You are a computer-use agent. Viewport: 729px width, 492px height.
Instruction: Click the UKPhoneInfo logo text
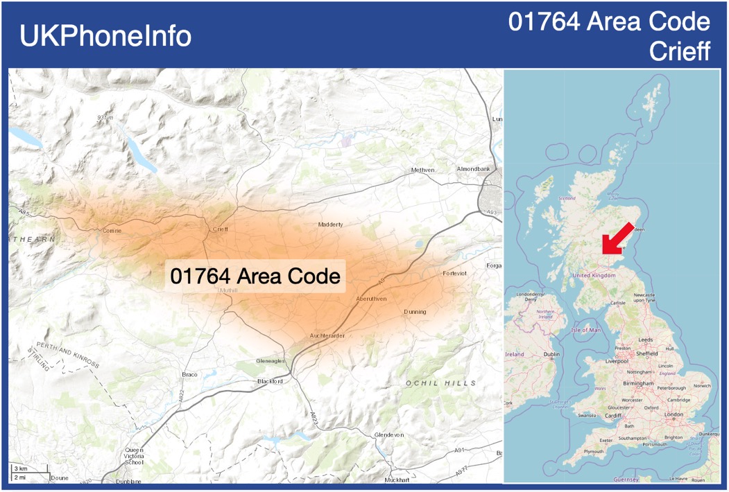coord(105,36)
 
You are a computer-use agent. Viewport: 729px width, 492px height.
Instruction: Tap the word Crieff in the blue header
coord(680,51)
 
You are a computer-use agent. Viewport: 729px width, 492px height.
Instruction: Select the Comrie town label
coord(112,231)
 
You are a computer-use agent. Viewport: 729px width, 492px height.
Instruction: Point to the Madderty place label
coord(330,225)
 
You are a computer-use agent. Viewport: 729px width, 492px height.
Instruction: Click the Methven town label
coord(422,170)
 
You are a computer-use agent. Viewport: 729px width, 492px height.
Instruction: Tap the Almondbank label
coord(473,169)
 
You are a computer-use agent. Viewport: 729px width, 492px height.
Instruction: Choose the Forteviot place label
coord(454,274)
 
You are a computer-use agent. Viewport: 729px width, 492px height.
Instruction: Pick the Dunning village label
coord(415,312)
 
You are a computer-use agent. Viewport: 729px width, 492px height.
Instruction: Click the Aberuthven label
coord(371,298)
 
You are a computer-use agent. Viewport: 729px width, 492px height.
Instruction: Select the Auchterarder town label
coord(327,336)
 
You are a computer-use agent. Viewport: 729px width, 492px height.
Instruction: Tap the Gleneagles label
coord(270,361)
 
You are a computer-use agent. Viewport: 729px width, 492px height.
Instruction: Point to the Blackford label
coord(270,381)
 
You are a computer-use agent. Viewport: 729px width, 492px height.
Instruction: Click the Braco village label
coord(189,374)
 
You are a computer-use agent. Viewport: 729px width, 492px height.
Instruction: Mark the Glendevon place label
coord(388,434)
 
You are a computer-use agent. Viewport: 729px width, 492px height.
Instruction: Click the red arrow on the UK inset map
coord(616,238)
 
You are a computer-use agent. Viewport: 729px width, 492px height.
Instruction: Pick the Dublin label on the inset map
coord(551,355)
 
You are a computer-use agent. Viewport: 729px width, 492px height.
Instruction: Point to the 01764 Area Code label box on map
coord(255,276)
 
